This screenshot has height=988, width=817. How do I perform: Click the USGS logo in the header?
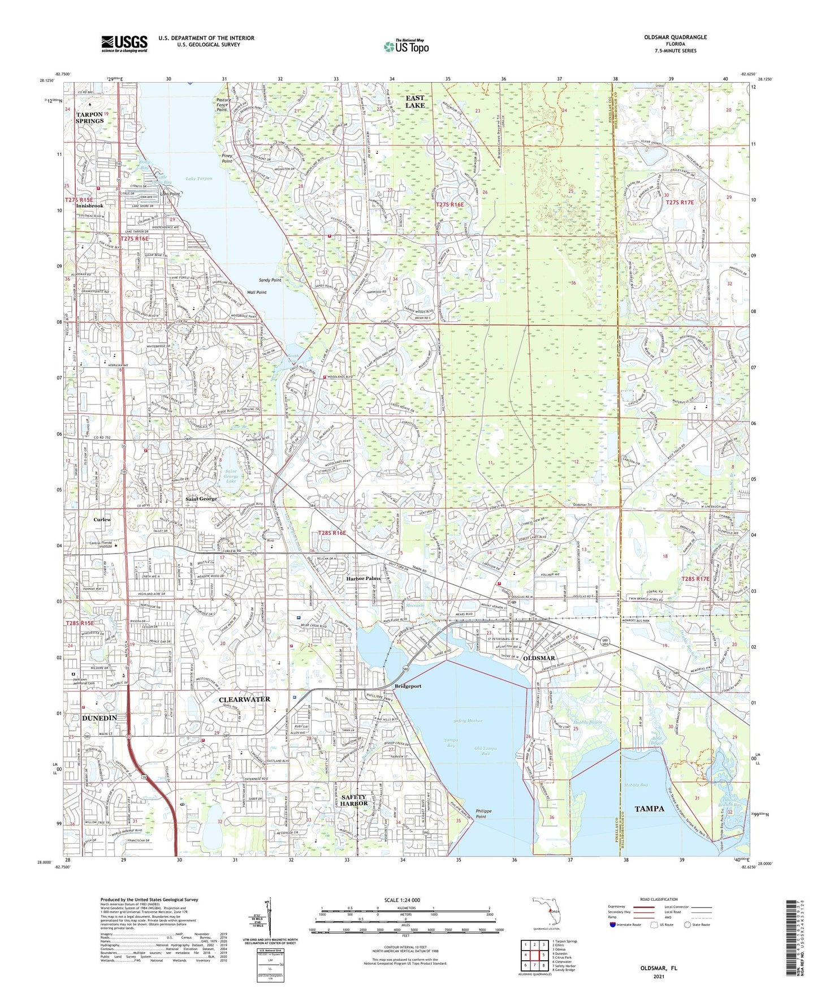coord(124,44)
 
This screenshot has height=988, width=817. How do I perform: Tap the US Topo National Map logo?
coord(406,46)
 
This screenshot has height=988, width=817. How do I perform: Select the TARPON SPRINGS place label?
coord(90,118)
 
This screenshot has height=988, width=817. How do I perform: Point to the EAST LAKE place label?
coord(415,102)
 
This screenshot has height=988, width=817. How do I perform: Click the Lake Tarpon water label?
coord(199,179)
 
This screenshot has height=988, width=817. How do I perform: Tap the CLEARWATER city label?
coord(244,699)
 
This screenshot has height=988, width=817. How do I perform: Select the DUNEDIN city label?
coord(100,718)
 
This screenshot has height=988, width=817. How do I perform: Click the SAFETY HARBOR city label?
coord(354,800)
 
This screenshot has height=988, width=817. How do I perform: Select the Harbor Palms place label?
coord(363,578)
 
